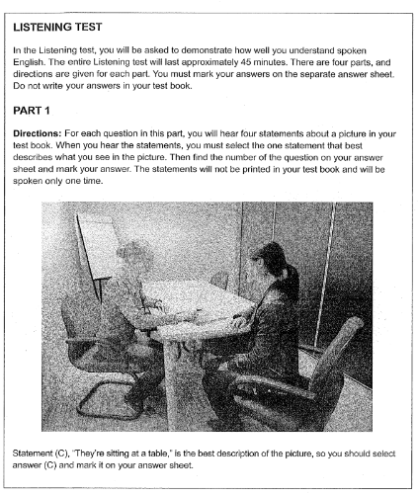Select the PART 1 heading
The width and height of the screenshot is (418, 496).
pyautogui.click(x=39, y=115)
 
